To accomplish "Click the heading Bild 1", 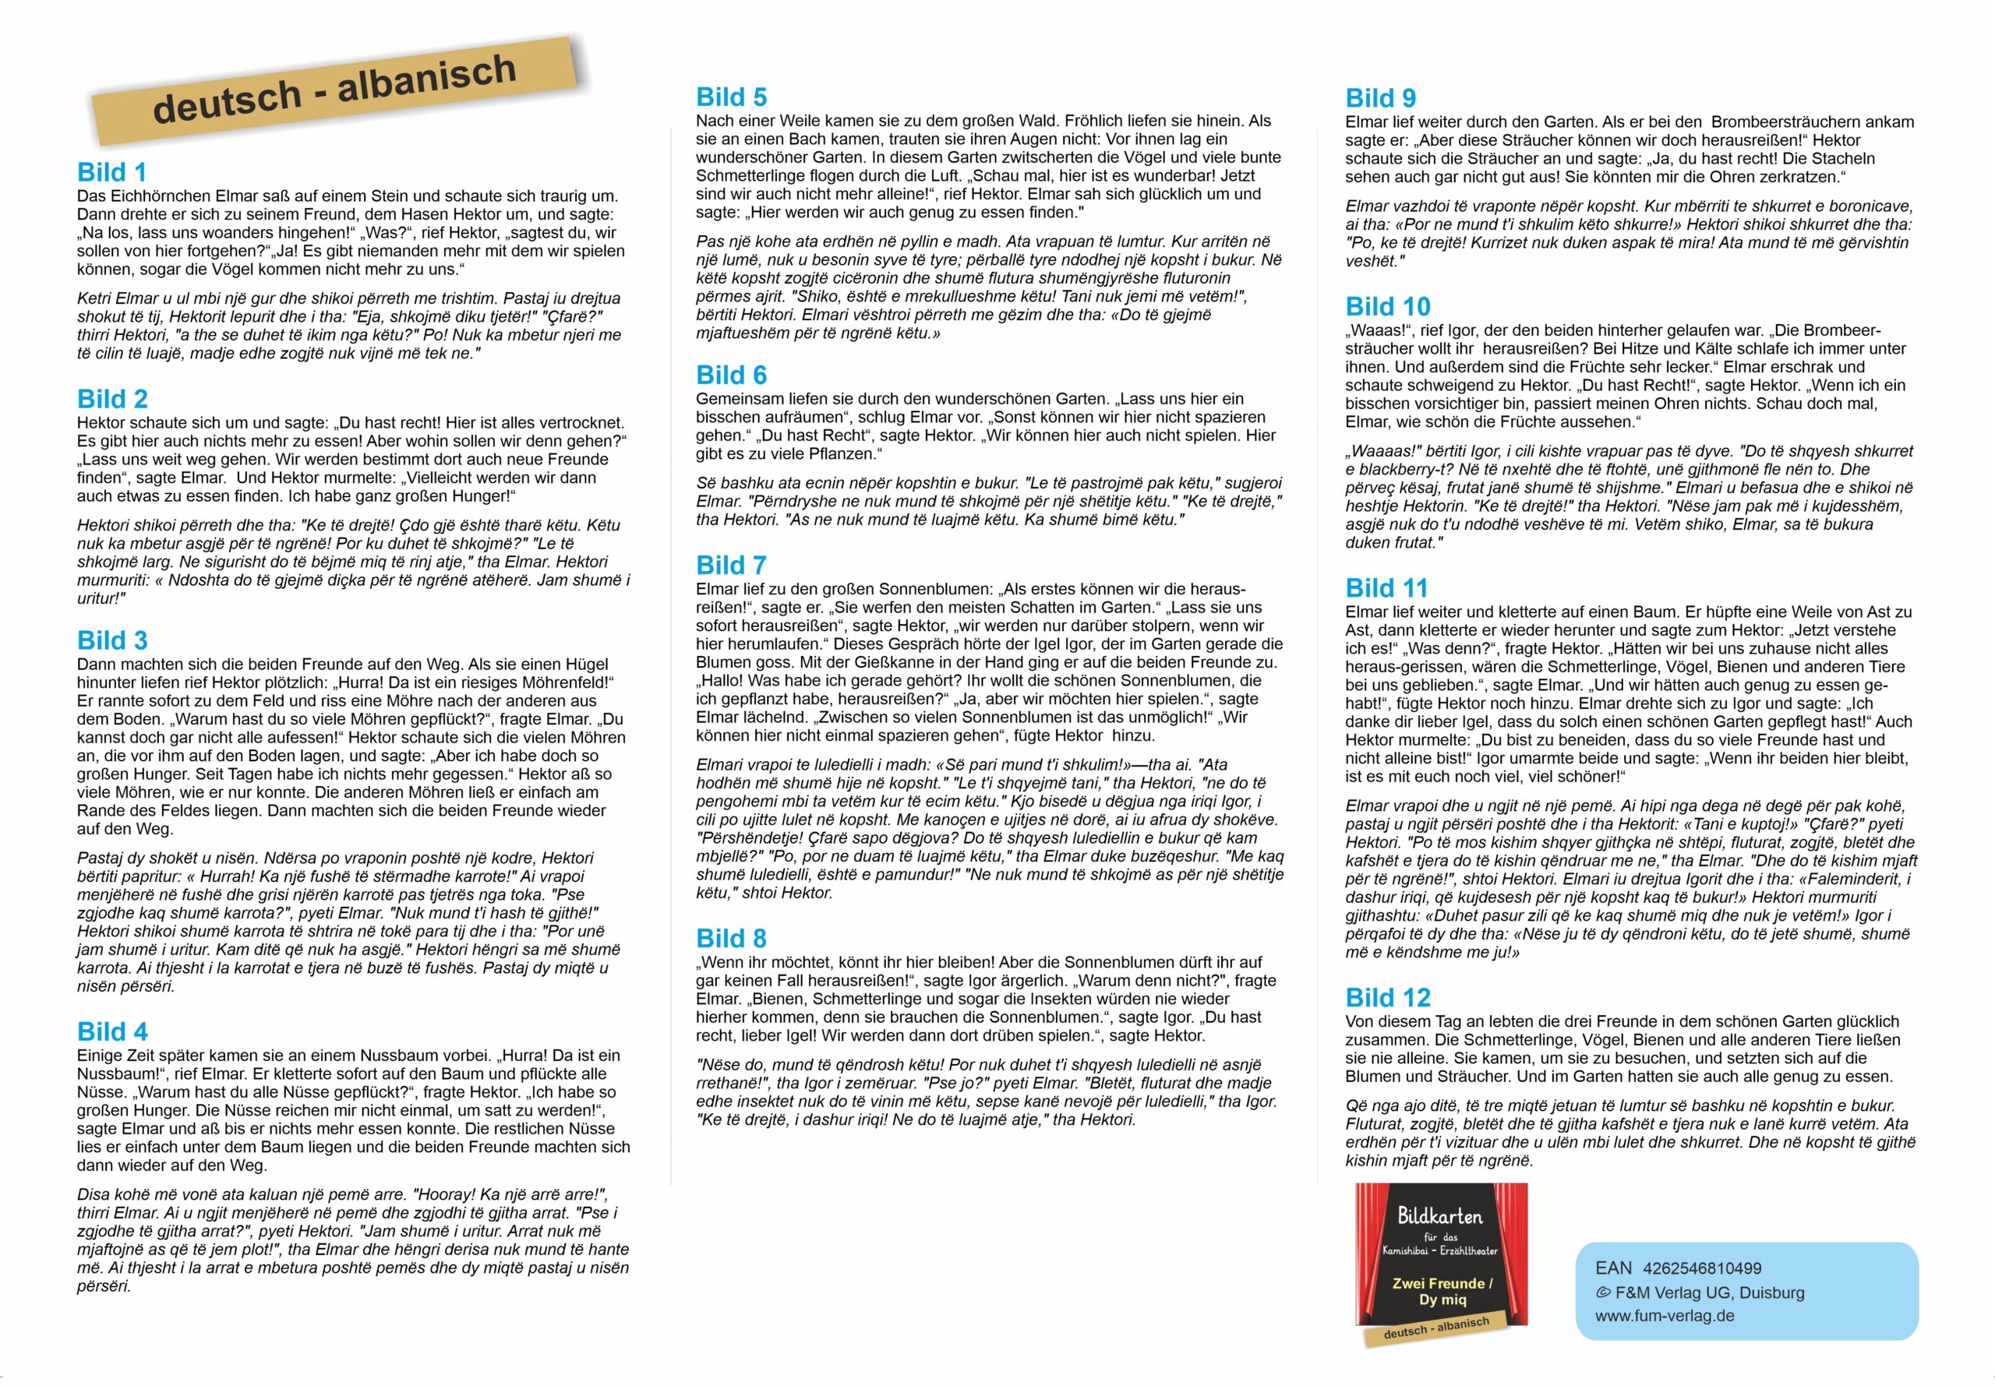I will [112, 172].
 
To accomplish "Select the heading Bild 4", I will [112, 1031].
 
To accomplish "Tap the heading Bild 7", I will [731, 566].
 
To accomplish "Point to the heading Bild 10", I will [1388, 307].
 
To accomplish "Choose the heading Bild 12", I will [1388, 997].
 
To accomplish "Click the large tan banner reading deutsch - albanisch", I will [334, 90].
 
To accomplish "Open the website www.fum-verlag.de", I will [1664, 1315].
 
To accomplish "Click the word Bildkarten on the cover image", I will [1440, 1216].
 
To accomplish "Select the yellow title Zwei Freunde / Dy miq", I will [1442, 1291].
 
